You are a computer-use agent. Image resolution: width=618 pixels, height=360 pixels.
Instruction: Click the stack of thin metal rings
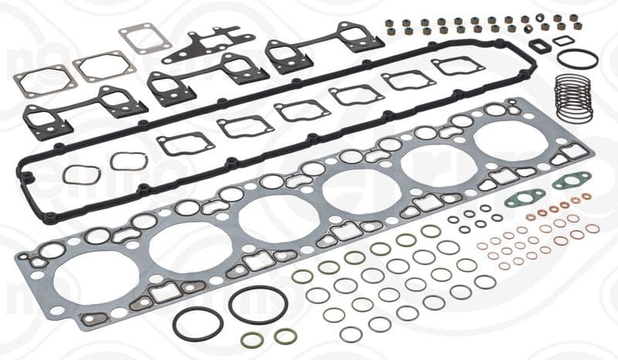pyautogui.click(x=573, y=98)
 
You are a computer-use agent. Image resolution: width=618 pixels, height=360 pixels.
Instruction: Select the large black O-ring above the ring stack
pyautogui.click(x=577, y=59)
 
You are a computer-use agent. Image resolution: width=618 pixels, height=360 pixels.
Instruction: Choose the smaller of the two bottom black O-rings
pyautogui.click(x=197, y=323)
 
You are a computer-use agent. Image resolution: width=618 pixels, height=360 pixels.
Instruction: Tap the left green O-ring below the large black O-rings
pyautogui.click(x=252, y=340)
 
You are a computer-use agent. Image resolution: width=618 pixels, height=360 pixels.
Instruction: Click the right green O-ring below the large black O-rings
pyautogui.click(x=285, y=336)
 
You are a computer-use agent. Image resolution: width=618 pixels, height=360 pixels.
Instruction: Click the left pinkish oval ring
pyautogui.click(x=81, y=175)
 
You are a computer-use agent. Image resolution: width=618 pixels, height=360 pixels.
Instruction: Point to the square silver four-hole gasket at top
pyautogui.click(x=145, y=38)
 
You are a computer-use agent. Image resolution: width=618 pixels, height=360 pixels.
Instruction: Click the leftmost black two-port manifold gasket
pyautogui.click(x=85, y=110)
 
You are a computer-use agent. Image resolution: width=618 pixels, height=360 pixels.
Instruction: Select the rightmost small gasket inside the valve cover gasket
pyautogui.click(x=458, y=66)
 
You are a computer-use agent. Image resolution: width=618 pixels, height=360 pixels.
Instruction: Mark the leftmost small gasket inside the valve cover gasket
pyautogui.click(x=185, y=143)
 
